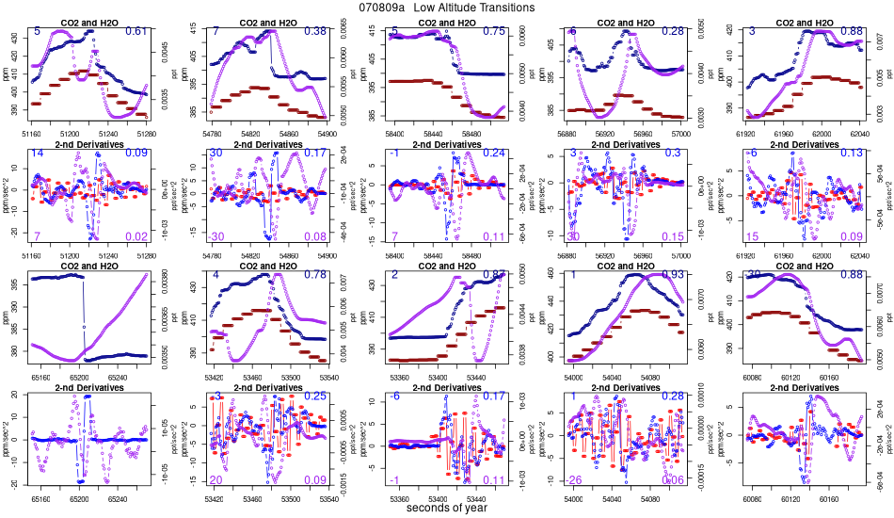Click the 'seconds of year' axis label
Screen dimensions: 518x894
[x=446, y=509]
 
